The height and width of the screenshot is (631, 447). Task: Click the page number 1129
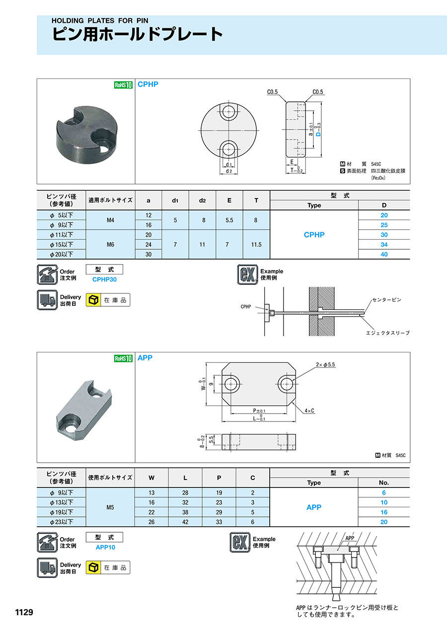point(24,612)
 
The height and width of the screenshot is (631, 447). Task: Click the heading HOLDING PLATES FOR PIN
point(100,20)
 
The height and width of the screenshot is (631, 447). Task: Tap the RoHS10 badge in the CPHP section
point(123,85)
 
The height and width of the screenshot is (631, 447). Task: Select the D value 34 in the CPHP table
point(384,245)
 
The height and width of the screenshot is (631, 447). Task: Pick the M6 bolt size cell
point(110,245)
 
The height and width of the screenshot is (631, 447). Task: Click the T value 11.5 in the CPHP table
point(256,245)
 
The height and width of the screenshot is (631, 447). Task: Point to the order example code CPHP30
point(104,280)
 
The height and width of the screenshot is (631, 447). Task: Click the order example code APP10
point(105,547)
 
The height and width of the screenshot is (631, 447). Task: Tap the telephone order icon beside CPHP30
point(47,275)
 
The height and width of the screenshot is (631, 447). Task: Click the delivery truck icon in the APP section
point(47,567)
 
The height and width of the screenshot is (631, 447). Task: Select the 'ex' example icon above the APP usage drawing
point(240,542)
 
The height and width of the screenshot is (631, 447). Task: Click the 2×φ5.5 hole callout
point(325,364)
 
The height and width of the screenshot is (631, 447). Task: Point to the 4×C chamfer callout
point(309,411)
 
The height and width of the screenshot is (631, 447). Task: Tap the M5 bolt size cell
point(110,507)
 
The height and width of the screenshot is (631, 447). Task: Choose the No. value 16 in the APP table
point(384,512)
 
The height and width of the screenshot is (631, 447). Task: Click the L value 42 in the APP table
point(185,522)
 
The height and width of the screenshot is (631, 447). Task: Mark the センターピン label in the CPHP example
point(387,300)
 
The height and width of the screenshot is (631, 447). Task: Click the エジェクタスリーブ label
point(388,333)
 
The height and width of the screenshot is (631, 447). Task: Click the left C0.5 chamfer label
point(272,92)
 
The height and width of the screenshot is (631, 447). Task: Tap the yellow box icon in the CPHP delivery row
point(93,300)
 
